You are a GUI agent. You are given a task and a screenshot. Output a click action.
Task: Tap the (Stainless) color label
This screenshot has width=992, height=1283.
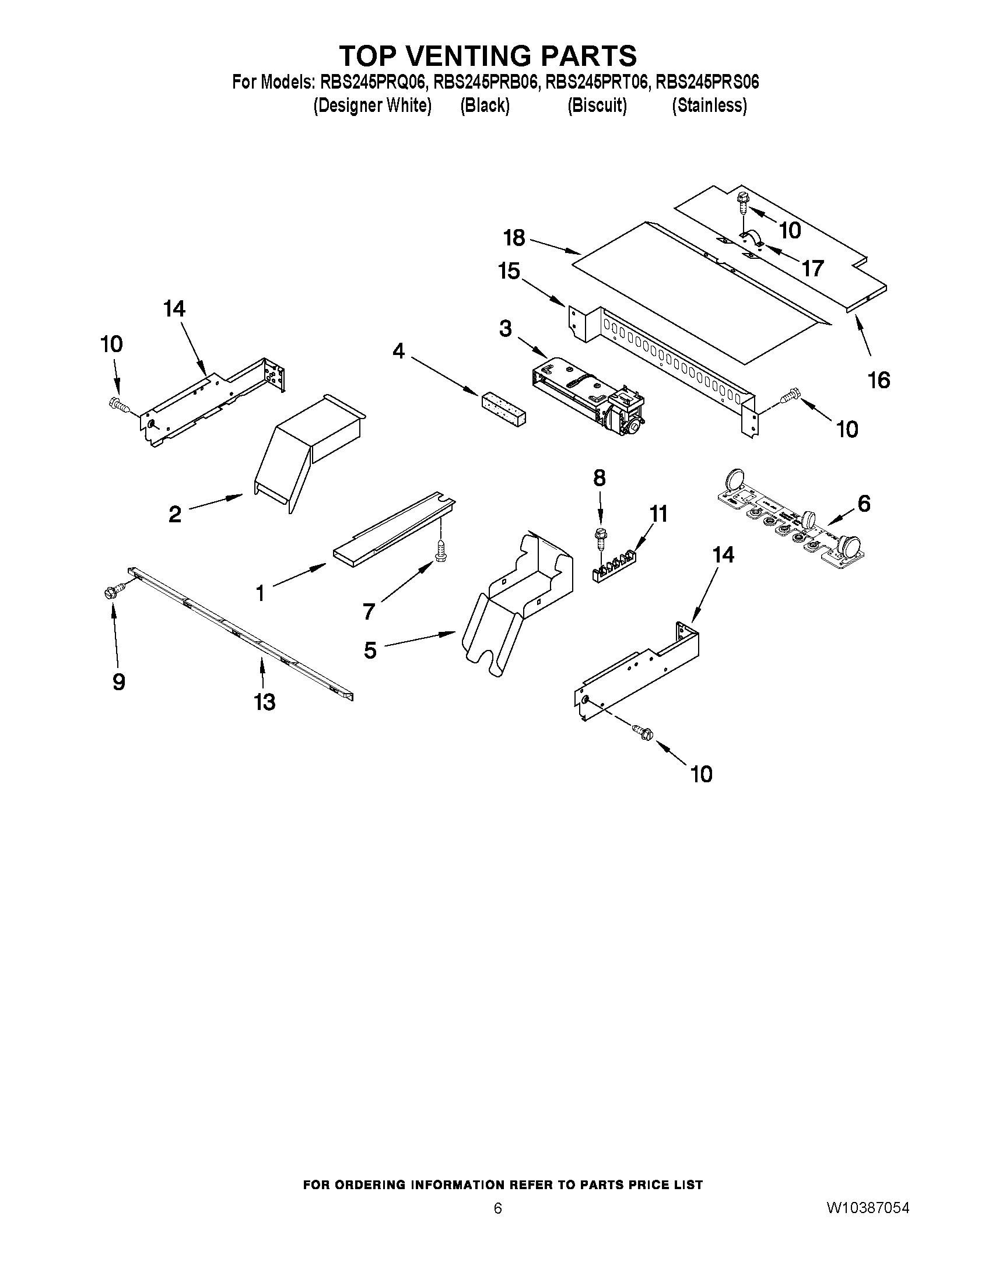pyautogui.click(x=709, y=106)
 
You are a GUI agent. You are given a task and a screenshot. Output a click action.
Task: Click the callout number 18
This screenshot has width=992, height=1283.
pyautogui.click(x=514, y=238)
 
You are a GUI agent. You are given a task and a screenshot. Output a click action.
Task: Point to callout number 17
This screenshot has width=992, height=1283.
pyautogui.click(x=813, y=269)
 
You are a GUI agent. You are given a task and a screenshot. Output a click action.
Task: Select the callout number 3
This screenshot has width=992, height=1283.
pyautogui.click(x=506, y=328)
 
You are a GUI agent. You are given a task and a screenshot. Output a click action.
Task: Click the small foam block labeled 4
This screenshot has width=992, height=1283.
pyautogui.click(x=504, y=409)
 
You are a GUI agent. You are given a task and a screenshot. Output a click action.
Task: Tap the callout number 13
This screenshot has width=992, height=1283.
pyautogui.click(x=264, y=701)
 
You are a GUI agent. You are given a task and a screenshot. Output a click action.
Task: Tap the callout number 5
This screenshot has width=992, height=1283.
pyautogui.click(x=370, y=651)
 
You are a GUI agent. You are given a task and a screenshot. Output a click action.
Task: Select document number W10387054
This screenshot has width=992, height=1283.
pyautogui.click(x=868, y=1208)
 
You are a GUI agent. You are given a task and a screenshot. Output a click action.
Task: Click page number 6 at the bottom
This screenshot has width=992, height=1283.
pyautogui.click(x=498, y=1208)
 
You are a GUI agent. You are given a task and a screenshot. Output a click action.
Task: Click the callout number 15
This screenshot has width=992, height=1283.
pyautogui.click(x=509, y=272)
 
